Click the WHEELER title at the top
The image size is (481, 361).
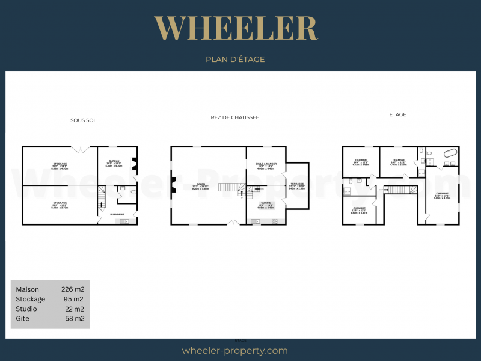pos(235,28)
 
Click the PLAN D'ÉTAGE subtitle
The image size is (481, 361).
pos(235,60)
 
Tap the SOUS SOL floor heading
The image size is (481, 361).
pos(83,120)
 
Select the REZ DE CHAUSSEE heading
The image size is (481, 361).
pos(234,117)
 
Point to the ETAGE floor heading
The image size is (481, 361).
pos(397,114)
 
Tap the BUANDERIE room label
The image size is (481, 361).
pos(117,214)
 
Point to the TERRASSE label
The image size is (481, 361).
pos(297,184)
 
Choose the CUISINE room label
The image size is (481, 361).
pos(265,203)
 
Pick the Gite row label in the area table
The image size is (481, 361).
pos(22,318)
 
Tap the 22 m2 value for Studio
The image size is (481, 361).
pos(75,309)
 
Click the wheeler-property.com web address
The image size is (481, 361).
pos(234,351)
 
